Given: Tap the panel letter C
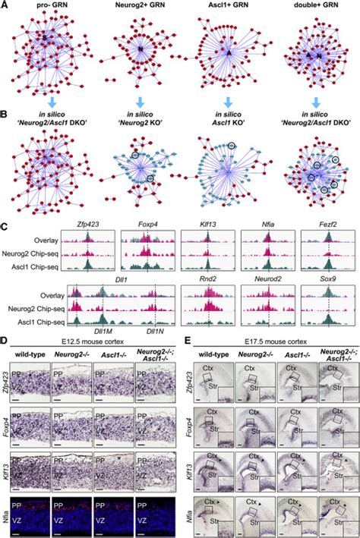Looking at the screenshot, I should click(6, 226).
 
